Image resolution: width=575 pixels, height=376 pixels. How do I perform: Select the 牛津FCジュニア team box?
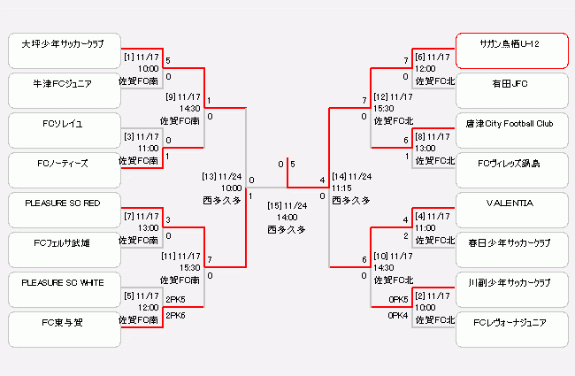click(63, 90)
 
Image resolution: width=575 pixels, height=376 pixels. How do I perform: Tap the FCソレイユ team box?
click(63, 130)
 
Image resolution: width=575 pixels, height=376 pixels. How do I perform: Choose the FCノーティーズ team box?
click(63, 170)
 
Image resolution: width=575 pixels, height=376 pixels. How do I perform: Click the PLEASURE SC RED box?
click(63, 211)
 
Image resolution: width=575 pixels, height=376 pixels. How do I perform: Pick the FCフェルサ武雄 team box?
click(63, 249)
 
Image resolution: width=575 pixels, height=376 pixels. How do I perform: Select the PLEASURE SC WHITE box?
click(63, 289)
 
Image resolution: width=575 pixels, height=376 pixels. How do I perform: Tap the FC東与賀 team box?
click(63, 329)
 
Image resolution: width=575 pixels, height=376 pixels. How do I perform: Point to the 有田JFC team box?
click(510, 90)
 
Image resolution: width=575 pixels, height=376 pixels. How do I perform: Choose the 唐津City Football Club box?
click(510, 130)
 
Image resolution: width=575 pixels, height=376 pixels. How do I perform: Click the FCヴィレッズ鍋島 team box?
click(510, 170)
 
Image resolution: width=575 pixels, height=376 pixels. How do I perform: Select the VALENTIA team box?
click(510, 211)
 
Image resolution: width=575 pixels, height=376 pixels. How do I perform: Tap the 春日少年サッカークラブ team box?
click(510, 249)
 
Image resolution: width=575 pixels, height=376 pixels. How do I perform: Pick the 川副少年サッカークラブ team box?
click(510, 289)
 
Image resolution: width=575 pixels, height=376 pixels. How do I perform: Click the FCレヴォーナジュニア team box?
click(510, 329)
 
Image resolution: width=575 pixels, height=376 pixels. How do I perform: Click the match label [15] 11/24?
click(287, 205)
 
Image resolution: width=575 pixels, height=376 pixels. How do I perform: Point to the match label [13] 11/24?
click(222, 176)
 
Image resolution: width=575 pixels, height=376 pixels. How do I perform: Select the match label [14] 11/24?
click(351, 176)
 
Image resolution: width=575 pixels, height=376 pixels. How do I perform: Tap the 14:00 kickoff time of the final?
click(287, 217)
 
